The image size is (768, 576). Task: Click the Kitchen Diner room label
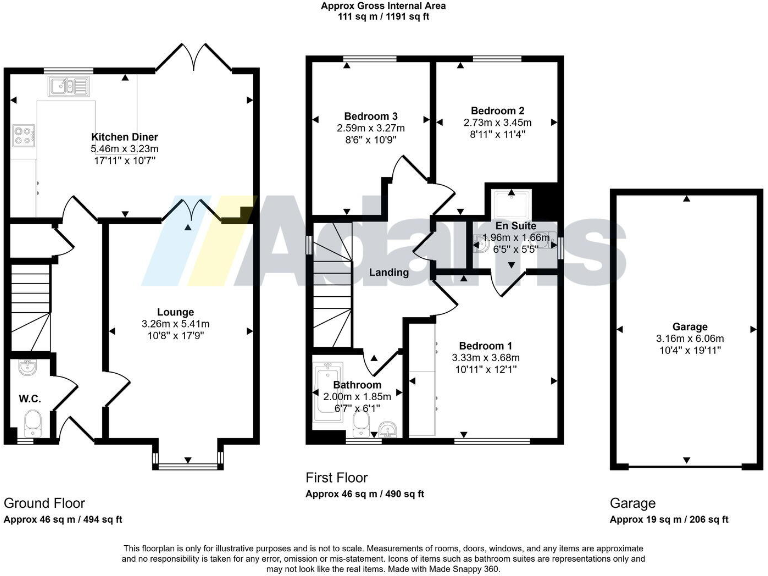coord(125,137)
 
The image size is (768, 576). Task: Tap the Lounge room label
coord(175,312)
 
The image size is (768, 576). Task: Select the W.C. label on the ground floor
coord(30,398)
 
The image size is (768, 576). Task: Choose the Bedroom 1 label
coord(486,344)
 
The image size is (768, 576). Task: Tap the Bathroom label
coord(357,385)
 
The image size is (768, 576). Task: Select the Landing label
coord(389,272)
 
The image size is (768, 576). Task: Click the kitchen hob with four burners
coord(22,135)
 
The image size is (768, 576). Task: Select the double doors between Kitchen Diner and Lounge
coord(190,211)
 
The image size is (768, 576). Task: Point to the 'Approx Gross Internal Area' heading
coord(383,6)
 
